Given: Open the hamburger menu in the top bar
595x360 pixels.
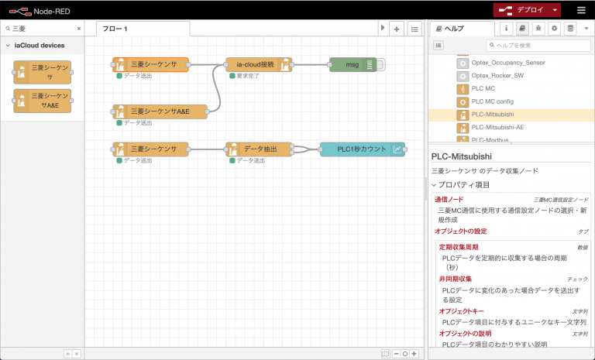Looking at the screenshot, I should point(581,10).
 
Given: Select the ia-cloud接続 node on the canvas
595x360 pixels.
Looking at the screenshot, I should point(258,64).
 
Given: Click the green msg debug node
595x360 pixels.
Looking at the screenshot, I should point(353,64).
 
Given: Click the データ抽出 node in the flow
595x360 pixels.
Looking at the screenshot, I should point(258,149).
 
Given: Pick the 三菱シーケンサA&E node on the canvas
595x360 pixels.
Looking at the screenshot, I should point(160,111).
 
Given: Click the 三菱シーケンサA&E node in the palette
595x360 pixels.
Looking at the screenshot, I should point(43,101).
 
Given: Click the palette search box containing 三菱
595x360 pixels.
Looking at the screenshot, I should point(43,28).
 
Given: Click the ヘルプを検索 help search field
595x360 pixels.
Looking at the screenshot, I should point(538,46).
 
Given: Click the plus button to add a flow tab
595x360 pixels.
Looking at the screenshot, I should point(396,29).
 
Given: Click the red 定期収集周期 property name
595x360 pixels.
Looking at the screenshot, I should point(459,247).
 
